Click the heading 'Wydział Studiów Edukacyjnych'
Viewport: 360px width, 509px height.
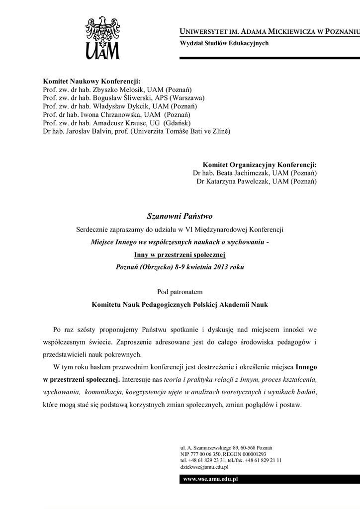pos(224,43)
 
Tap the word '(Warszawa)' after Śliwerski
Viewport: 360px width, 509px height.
pos(187,98)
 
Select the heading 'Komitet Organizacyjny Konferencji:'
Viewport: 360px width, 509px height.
pos(260,165)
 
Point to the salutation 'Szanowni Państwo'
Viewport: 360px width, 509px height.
pos(180,216)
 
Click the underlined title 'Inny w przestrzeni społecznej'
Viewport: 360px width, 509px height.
pos(180,255)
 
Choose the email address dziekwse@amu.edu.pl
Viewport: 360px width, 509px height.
pos(204,467)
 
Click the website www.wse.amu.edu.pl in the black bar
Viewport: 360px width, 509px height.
pos(211,479)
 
